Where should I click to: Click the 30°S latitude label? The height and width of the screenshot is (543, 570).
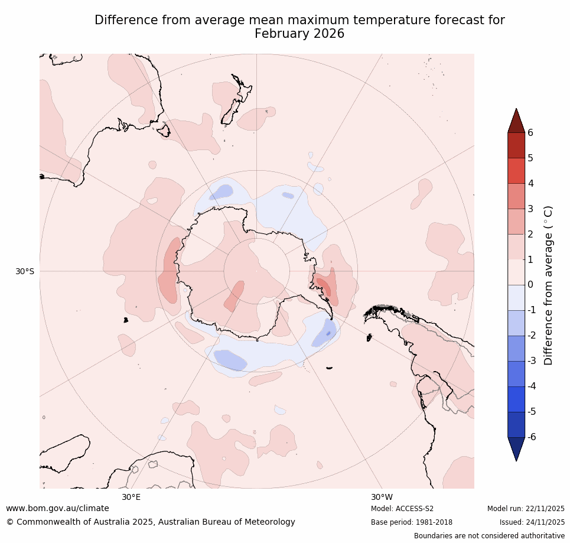click(x=25, y=271)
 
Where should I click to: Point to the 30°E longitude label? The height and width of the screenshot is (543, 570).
click(x=131, y=497)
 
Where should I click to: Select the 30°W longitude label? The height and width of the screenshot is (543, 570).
click(x=382, y=497)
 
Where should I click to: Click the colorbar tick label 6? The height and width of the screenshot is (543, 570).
click(x=530, y=132)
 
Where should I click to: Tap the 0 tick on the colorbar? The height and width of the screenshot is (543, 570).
click(x=530, y=285)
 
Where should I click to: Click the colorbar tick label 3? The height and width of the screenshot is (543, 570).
click(x=530, y=209)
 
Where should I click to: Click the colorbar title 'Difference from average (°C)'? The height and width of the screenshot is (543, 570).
click(x=548, y=285)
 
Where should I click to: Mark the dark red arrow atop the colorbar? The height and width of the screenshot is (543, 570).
click(x=516, y=121)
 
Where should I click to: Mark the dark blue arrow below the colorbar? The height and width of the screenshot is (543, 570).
click(x=516, y=448)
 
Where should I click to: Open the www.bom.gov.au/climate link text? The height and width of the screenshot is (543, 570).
click(x=57, y=508)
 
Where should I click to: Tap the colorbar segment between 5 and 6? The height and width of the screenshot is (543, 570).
click(x=516, y=145)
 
